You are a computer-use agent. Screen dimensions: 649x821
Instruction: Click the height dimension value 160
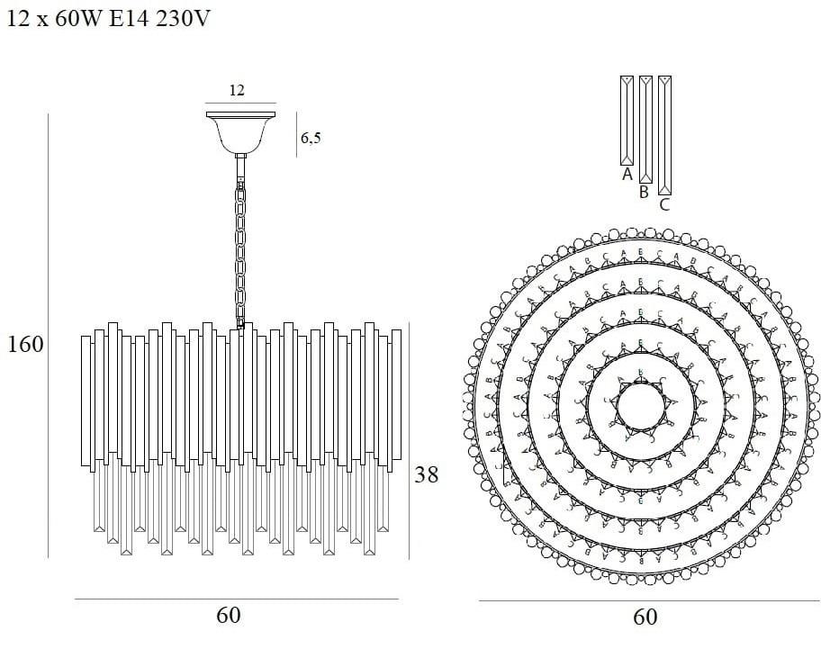(x=25, y=345)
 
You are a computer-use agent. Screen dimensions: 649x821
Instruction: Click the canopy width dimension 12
(x=237, y=90)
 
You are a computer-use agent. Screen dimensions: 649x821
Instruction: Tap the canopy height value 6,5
(x=311, y=138)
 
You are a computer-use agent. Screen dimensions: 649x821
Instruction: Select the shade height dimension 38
(x=426, y=474)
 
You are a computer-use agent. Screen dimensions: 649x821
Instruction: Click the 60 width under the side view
(x=229, y=616)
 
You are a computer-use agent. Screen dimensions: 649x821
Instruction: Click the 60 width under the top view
(x=645, y=617)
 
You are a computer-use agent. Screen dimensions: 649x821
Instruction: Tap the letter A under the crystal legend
(x=627, y=175)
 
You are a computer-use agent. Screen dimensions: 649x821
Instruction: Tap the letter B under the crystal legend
(x=645, y=192)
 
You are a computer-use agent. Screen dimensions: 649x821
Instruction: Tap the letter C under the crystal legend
(x=664, y=205)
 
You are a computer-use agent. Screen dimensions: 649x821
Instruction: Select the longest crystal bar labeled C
(x=664, y=135)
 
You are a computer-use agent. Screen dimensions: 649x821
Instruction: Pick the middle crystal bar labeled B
(x=645, y=129)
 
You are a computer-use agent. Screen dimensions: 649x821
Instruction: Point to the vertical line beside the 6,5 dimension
(x=297, y=135)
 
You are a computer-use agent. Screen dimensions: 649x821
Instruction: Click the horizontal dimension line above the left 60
(x=236, y=599)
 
